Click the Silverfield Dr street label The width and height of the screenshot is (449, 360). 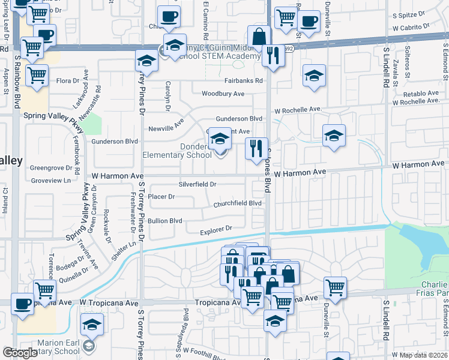click(x=197, y=184)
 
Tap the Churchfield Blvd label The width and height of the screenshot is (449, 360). click(x=238, y=204)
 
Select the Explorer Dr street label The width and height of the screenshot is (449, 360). click(x=216, y=229)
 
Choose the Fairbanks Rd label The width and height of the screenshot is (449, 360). click(x=244, y=80)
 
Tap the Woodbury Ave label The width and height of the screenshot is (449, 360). click(x=223, y=94)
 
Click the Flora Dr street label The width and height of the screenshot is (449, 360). click(x=67, y=80)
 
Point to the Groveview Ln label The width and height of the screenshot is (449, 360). click(x=50, y=179)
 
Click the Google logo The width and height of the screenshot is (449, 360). click(x=20, y=353)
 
